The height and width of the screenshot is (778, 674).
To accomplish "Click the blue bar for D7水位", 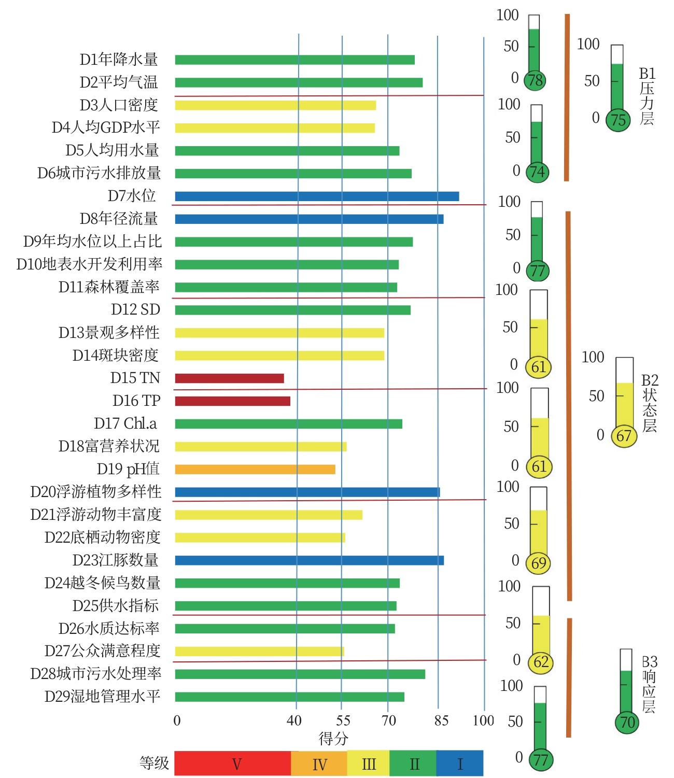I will pos(317,196).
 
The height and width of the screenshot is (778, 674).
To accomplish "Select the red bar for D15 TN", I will pos(229,378).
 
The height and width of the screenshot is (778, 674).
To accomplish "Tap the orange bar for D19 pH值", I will pos(255,470).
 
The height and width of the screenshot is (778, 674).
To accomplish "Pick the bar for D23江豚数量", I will pos(309,560).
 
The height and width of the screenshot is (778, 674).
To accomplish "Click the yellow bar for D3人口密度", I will pos(275,105).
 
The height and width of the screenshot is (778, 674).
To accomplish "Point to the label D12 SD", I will pos(135,309).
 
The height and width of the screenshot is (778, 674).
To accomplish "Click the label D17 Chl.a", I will pos(125,423).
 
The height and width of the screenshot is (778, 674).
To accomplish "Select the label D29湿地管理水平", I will pos(102,696).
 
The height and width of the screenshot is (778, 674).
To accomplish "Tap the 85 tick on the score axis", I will pos(441,720).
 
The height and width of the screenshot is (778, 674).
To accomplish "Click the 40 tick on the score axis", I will pos(294,720).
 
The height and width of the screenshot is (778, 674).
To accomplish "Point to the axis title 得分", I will pos(333,738).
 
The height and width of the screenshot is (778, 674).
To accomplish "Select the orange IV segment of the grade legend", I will pos(319,763).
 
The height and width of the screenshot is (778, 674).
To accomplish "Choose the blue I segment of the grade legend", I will pos(459,763).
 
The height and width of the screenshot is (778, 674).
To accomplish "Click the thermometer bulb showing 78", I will pos(535,80).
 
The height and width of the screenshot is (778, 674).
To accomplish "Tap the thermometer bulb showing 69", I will pos(539,563).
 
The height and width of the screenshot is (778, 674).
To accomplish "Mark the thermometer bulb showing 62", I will pos(541,662).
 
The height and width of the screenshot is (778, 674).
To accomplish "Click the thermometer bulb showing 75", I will pos(618,120).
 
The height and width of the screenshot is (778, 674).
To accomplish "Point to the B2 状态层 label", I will pos(649,403).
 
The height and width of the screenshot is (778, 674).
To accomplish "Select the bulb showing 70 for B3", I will pos(627,722).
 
